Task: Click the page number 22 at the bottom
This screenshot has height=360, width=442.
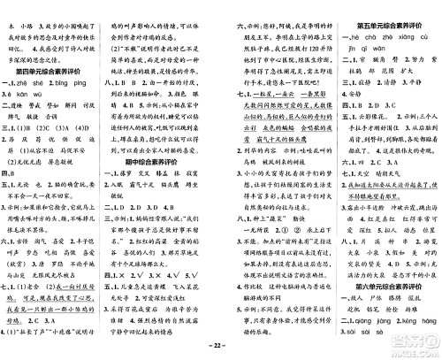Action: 220,352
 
